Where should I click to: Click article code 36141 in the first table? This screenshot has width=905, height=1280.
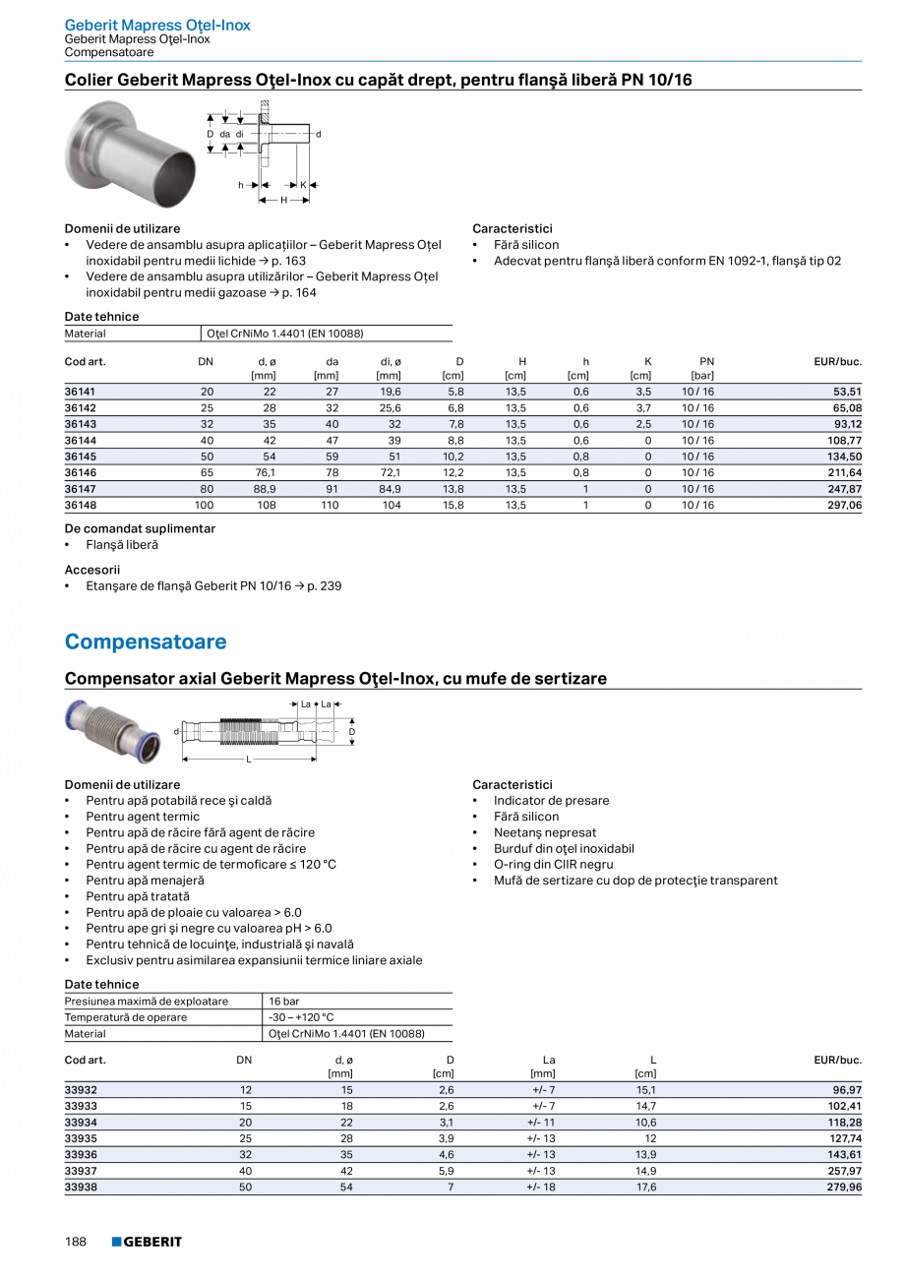tap(81, 391)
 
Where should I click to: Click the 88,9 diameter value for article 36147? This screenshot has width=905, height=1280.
tap(264, 488)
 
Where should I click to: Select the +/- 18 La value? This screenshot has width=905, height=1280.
tap(541, 1187)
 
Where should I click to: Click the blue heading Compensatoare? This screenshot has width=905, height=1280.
tap(146, 642)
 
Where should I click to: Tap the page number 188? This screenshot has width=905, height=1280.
tap(76, 1242)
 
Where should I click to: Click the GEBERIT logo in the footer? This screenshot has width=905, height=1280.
tap(147, 1242)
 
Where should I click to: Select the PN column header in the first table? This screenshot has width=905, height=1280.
tap(706, 362)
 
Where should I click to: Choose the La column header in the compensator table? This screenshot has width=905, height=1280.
tap(549, 1060)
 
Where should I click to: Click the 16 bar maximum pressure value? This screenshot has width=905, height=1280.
tap(284, 1002)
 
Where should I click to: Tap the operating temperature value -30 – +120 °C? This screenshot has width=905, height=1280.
tap(301, 1017)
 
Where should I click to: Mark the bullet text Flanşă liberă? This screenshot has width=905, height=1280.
tap(122, 544)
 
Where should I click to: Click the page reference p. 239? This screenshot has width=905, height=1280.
tap(324, 585)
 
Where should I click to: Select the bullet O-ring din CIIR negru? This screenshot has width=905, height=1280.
tap(553, 864)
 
